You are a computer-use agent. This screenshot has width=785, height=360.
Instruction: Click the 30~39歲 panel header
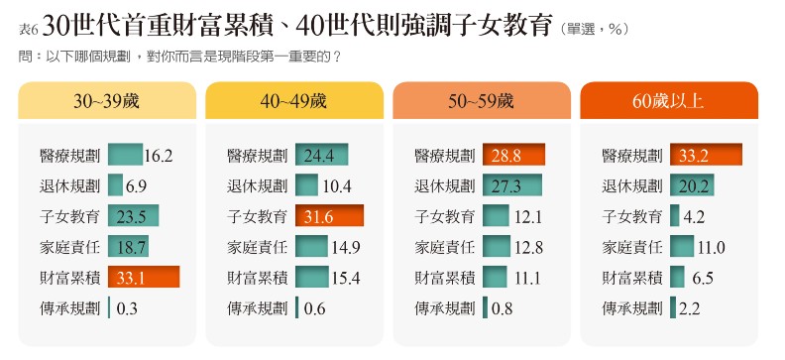(107, 101)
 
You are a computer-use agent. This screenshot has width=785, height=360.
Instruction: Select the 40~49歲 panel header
(294, 101)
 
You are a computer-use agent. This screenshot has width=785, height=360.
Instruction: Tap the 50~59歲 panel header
(482, 101)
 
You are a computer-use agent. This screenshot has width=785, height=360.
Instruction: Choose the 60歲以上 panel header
(669, 101)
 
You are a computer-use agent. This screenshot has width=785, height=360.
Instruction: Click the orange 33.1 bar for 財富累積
(143, 277)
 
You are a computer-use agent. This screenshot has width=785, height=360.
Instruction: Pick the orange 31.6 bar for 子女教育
(329, 216)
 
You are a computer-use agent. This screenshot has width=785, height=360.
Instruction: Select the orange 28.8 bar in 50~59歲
(514, 155)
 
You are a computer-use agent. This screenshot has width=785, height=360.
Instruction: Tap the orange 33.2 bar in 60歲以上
(706, 155)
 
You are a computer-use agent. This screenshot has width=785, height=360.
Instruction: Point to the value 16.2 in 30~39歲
(159, 155)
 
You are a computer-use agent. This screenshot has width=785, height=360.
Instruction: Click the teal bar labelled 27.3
(512, 185)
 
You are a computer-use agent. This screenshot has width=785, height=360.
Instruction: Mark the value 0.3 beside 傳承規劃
(127, 308)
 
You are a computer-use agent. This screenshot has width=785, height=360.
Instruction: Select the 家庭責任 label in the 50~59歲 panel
(444, 247)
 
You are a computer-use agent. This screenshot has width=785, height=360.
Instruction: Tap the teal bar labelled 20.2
(692, 185)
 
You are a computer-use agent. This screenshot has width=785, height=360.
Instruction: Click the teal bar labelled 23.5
(133, 216)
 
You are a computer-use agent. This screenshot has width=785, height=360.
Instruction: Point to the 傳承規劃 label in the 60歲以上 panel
(631, 308)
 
